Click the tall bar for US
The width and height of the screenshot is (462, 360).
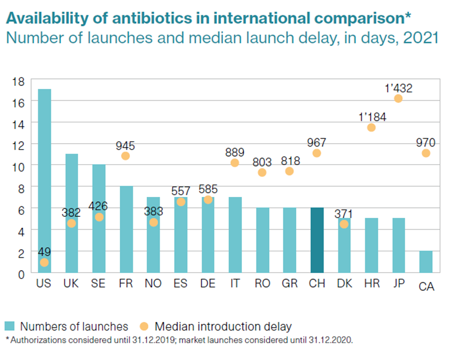coord(44,181)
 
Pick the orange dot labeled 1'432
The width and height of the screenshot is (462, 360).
coord(398,99)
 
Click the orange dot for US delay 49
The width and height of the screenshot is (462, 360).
coord(44,263)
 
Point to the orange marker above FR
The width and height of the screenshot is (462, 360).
coord(126,156)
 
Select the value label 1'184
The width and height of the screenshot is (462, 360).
coord(372,117)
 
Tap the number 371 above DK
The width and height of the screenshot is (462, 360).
coord(344,214)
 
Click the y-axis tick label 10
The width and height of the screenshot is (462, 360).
coord(18,165)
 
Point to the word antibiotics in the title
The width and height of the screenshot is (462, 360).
coord(162,19)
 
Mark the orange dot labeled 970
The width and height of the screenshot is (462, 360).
coord(426,153)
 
